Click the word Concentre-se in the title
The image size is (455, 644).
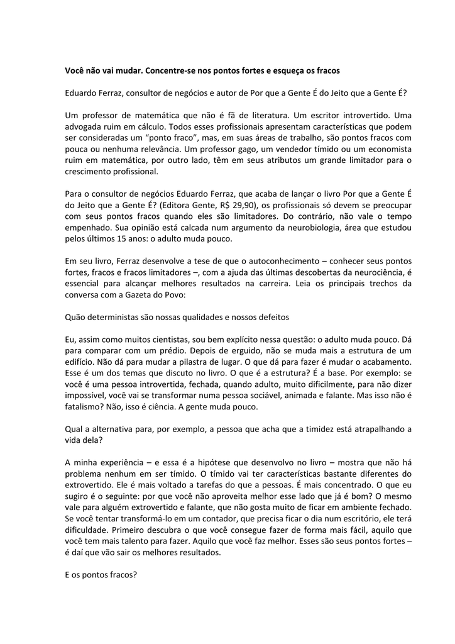click(187, 70)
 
